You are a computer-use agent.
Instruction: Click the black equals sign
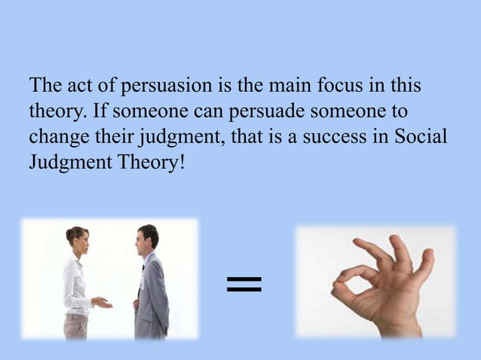(244, 284)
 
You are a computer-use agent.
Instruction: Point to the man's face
(142, 241)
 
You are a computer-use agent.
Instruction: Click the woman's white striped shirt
(75, 282)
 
